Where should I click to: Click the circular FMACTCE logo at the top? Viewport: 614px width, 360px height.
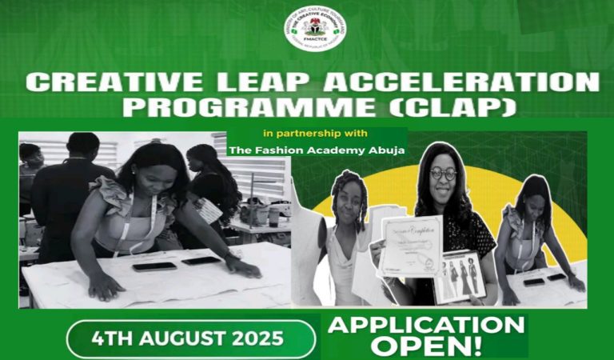pos(314,30)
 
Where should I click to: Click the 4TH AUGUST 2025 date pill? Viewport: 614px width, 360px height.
pos(190,338)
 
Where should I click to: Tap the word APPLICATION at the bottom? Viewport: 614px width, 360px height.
pos(424,326)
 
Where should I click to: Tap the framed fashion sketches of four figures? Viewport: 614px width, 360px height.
pos(460,277)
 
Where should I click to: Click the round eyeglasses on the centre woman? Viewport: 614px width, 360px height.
pos(443,174)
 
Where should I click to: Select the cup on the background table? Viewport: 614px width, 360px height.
pos(274,216)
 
